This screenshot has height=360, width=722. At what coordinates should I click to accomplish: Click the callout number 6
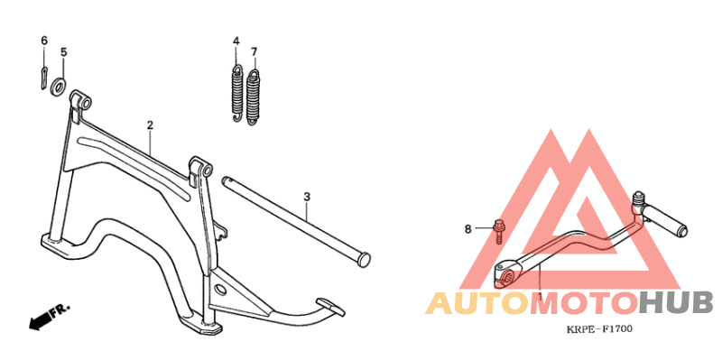point(43,41)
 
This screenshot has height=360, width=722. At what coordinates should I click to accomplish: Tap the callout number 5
point(63,52)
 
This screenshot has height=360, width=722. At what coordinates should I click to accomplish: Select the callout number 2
point(150,125)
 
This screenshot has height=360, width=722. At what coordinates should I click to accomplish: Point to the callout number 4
point(236,42)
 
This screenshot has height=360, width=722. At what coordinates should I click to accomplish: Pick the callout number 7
point(254,51)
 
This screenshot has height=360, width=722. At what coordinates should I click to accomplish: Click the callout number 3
point(307,197)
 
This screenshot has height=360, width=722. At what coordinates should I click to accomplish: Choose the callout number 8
point(467,229)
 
